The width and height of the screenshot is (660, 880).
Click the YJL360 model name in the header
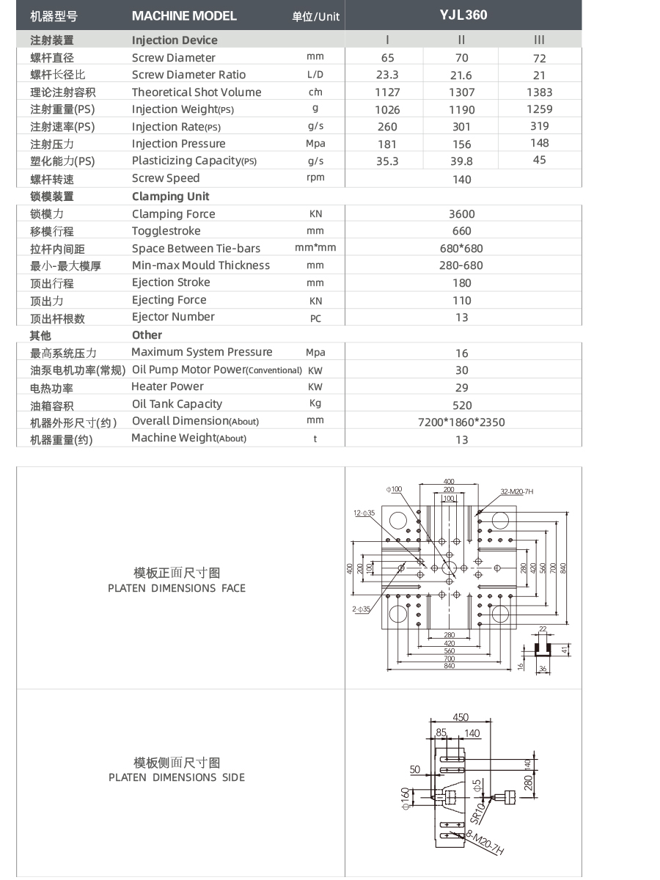point(463,15)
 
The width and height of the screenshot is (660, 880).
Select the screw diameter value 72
point(539,58)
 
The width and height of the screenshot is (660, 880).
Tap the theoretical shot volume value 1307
point(462,92)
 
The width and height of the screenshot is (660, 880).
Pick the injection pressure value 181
point(387,144)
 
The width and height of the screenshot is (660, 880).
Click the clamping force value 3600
point(462,214)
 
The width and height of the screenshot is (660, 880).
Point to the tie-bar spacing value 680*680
point(462,249)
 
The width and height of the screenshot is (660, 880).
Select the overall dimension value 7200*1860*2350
point(461,422)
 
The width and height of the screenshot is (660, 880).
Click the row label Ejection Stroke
point(171,282)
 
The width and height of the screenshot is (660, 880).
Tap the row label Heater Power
point(167,386)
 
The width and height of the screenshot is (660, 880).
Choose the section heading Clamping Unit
point(170,196)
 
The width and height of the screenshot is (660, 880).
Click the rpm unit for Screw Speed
point(315,177)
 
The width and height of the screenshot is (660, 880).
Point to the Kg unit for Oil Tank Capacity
point(315,403)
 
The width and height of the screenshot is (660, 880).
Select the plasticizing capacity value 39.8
point(462,161)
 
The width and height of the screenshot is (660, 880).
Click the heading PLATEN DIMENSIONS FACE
point(177,588)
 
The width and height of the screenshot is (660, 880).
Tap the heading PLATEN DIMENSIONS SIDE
point(177,777)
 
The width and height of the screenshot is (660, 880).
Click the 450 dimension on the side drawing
point(460,718)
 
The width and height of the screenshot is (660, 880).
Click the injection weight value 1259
point(539,109)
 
